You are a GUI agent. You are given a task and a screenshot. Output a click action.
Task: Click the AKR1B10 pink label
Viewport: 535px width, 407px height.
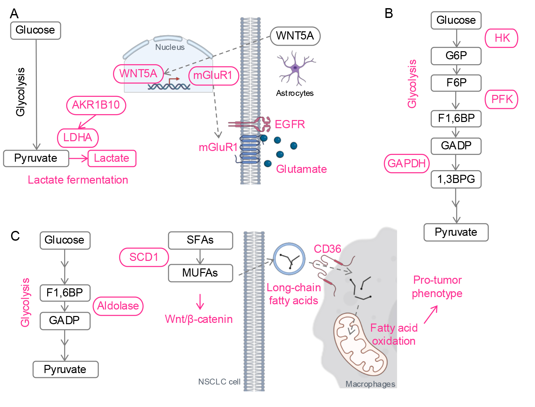(x=96, y=105)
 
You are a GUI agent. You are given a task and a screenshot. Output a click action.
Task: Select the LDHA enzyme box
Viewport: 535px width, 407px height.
(x=78, y=138)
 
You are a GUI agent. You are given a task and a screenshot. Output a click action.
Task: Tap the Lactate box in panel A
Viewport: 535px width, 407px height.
(x=112, y=158)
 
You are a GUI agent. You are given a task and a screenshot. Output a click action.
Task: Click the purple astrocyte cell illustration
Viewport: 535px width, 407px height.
(x=295, y=68)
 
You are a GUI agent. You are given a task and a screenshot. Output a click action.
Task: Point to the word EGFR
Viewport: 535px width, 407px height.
(x=290, y=124)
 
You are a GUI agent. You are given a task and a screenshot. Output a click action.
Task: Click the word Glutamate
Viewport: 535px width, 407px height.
(x=301, y=169)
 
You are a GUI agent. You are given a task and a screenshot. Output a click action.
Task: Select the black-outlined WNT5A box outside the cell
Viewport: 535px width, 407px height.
(x=295, y=36)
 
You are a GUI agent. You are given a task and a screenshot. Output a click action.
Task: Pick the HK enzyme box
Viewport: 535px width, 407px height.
(x=501, y=38)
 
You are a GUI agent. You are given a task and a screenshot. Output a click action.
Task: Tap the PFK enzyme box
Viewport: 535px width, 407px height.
(x=501, y=99)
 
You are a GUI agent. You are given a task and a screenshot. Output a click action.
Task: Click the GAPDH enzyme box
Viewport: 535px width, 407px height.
(x=407, y=163)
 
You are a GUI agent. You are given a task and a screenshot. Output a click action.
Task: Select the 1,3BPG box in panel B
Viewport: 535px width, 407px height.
(x=456, y=179)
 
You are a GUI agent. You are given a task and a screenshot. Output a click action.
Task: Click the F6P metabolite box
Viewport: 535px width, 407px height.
(x=456, y=83)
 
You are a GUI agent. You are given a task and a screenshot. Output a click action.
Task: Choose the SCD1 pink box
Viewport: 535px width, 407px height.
(x=144, y=257)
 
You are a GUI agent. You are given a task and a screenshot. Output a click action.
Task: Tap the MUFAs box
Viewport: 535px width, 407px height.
(x=200, y=273)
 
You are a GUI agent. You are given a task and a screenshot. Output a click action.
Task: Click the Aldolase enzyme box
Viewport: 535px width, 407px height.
(x=118, y=306)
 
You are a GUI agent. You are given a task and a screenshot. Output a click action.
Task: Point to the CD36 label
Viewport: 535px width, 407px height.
(x=327, y=249)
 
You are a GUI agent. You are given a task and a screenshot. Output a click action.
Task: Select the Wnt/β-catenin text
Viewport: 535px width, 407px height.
(x=199, y=319)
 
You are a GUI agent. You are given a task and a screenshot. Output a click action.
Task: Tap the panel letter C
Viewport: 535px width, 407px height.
(x=15, y=236)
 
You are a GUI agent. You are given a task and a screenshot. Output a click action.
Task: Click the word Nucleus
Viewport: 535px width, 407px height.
(x=170, y=47)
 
